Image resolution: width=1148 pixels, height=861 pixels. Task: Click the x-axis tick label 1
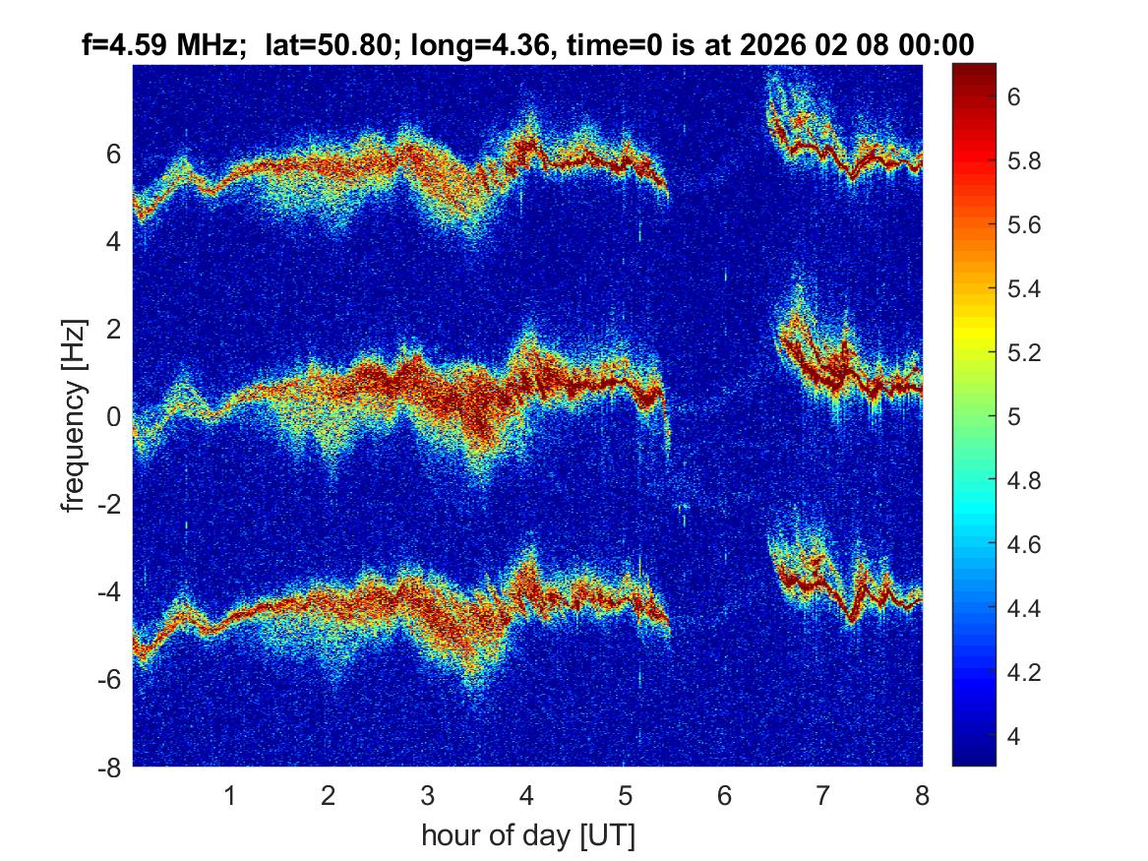(230, 795)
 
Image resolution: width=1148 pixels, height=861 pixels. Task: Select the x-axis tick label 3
(428, 795)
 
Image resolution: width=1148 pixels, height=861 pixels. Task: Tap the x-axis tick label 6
(725, 795)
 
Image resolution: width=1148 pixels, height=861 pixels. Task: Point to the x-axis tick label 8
(923, 795)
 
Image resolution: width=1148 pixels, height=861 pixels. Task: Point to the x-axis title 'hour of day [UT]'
(527, 836)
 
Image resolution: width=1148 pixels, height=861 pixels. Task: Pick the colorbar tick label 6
(1013, 96)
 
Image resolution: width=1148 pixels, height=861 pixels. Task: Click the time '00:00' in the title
(940, 44)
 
